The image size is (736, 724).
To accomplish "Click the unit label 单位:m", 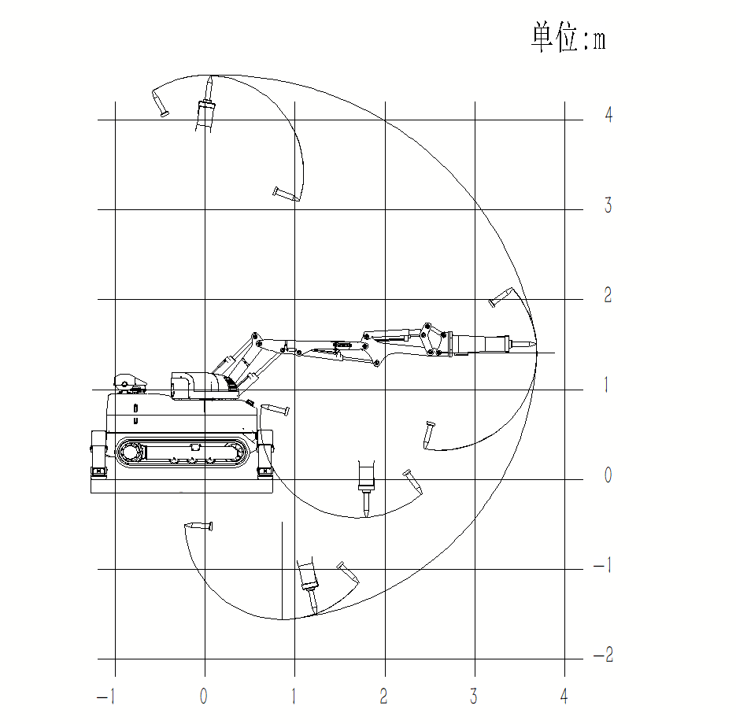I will tap(568, 38).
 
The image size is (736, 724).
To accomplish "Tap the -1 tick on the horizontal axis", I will tap(105, 697).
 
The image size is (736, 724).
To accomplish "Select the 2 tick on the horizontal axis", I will tap(384, 697).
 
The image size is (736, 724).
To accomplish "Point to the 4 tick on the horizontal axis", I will tap(564, 697).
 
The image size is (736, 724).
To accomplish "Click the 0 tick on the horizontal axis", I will tap(204, 697).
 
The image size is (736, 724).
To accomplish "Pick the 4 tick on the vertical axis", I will tap(608, 116).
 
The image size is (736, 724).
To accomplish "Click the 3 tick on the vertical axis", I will tap(608, 206).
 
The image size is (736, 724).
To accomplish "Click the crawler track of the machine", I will tap(184, 453).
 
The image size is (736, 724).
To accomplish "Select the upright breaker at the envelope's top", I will tap(206, 106).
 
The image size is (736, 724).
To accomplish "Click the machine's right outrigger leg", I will tap(265, 454).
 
